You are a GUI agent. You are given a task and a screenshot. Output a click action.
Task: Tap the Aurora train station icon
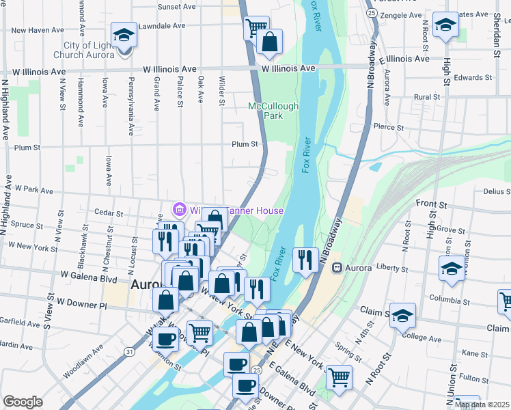coord(335,267)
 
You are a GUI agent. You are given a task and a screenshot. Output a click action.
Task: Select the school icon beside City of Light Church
coord(124,34)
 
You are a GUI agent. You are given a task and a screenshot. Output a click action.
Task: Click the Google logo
coord(23,402)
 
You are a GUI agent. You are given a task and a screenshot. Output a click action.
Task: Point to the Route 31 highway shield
coord(129,351)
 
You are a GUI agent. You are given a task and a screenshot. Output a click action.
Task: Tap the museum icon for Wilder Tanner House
coord(180,209)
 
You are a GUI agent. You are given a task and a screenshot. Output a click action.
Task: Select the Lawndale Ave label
coord(163,25)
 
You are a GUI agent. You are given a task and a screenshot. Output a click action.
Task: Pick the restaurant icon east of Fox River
coord(305,258)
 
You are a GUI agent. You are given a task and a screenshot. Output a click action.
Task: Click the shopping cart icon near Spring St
coord(338,377)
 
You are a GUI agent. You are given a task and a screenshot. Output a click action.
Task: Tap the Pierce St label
coord(389,126)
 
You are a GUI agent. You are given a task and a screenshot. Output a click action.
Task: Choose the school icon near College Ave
coord(403,314)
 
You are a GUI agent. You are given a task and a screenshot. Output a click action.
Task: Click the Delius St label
coord(497,192)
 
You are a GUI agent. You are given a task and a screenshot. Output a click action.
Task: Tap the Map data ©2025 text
coord(482,405)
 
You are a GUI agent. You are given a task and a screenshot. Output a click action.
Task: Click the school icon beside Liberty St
coord(452,267)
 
